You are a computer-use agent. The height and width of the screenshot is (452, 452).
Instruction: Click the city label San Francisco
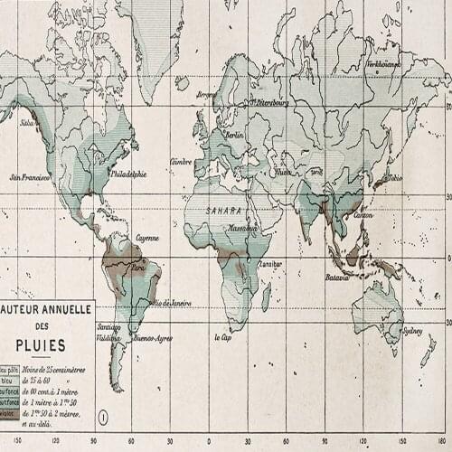point(28,177)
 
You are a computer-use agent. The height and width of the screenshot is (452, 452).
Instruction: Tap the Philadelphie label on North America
point(128,174)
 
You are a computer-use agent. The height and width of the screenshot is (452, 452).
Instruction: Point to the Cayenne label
point(147,238)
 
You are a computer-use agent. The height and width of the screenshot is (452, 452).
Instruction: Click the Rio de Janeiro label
point(174,302)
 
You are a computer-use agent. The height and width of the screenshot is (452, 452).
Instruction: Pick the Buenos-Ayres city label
point(153,339)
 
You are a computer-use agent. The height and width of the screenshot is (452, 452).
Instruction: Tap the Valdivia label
point(108,337)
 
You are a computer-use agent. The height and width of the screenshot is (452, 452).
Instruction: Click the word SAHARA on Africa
point(225,210)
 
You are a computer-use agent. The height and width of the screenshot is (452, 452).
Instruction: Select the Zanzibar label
point(270,264)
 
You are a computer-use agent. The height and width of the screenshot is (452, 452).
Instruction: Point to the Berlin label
point(235,135)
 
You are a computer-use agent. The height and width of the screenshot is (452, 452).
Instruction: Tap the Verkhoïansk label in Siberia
point(383,65)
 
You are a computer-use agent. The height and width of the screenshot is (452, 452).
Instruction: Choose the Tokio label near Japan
point(393,178)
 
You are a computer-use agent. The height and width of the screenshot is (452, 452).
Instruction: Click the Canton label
point(363,215)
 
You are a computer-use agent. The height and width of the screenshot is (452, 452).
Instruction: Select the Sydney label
point(412,330)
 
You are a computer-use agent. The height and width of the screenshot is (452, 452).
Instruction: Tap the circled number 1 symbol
point(104,417)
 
